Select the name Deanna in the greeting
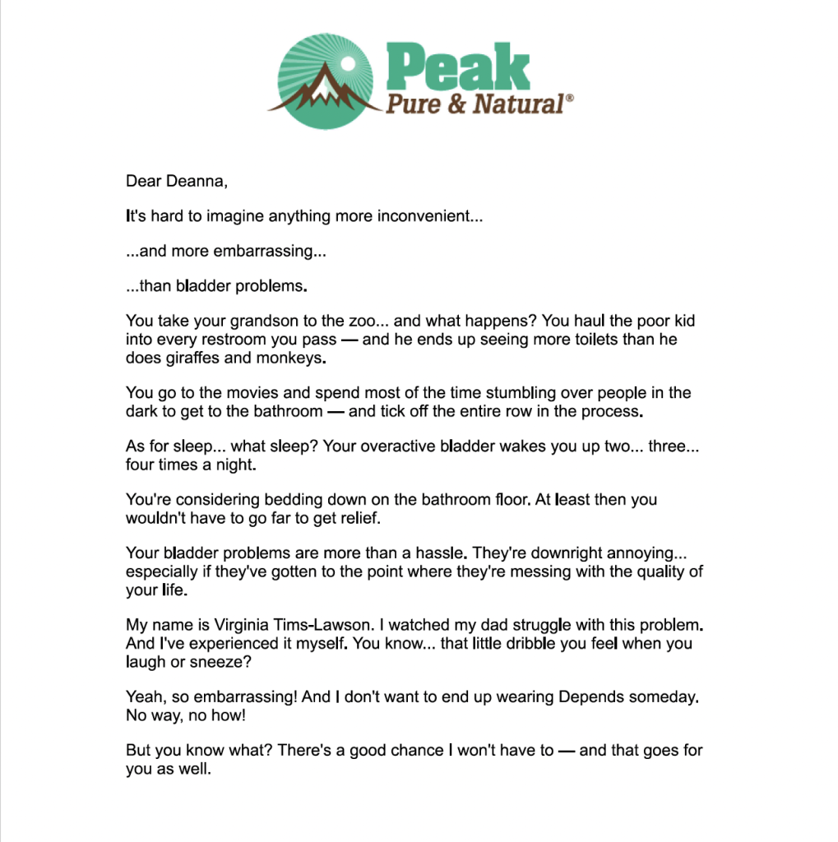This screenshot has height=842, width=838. tap(194, 181)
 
